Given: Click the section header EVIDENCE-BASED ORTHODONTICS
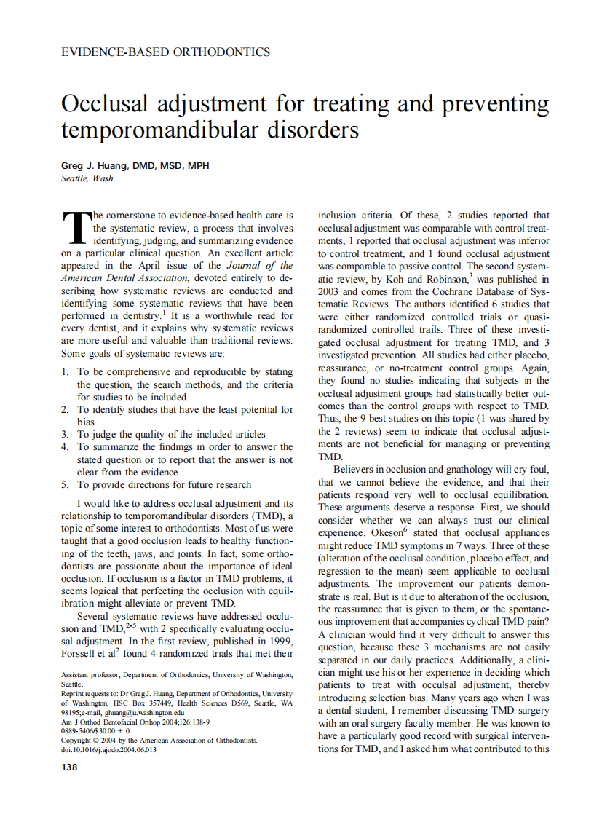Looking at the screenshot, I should tap(165, 52).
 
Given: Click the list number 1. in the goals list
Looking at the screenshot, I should tap(66, 372).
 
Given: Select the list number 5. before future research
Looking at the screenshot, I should tap(66, 484).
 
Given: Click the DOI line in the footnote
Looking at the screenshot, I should tap(108, 750).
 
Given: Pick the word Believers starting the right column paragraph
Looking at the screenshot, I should tap(358, 470).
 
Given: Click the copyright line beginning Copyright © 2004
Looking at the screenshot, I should tap(159, 741).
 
